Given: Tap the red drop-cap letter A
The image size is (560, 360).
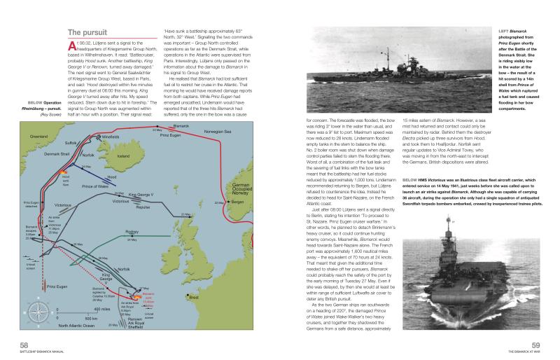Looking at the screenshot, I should coord(71,48).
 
